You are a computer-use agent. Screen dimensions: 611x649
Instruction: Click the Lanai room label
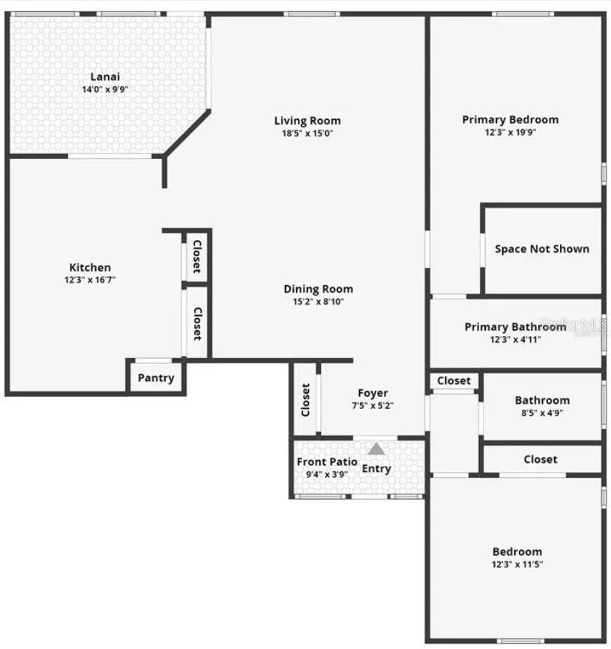coord(105,77)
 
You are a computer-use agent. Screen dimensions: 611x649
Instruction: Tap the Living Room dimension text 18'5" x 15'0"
coord(307,134)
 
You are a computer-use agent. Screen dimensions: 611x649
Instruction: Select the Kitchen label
coord(90,267)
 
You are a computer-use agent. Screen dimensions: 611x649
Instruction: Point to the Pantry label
coord(156,378)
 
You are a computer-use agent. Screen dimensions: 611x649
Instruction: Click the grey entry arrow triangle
coord(376,449)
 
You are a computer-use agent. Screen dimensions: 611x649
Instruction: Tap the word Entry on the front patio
coord(376,468)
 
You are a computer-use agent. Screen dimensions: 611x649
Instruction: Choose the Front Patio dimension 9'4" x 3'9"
coord(326,474)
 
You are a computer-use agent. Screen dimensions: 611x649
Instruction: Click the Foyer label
coord(373,393)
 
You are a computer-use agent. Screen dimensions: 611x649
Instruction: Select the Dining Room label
coord(318,289)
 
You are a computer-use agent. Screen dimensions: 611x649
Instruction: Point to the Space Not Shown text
coord(542,249)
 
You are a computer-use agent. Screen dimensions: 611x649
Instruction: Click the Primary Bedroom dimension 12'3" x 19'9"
coord(511,133)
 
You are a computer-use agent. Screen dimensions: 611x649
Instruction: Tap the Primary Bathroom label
coord(516,327)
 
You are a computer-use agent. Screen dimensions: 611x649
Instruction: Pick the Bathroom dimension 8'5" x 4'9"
coord(542,413)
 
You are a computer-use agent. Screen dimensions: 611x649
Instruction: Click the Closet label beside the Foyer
coord(305,400)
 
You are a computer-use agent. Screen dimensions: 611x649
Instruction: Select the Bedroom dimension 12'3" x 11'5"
coord(517,564)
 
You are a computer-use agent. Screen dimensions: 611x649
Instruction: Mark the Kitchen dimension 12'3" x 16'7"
coord(90,280)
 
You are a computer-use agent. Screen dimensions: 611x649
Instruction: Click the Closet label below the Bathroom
coord(541,459)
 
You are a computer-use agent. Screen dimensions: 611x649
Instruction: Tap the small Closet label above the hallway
coord(454,381)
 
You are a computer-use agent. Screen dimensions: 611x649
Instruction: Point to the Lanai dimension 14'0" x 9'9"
coord(105,89)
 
